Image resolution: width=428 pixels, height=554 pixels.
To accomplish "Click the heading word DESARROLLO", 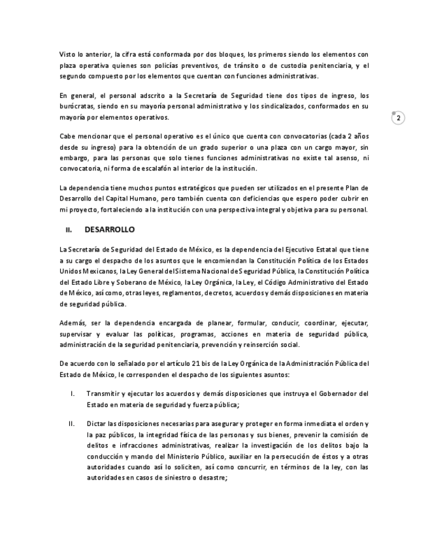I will click(x=109, y=230).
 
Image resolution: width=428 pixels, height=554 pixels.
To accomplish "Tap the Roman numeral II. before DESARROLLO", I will click(x=69, y=230).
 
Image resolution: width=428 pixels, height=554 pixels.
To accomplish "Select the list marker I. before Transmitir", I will click(x=72, y=393).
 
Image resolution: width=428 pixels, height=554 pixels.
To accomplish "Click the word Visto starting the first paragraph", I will click(x=68, y=54).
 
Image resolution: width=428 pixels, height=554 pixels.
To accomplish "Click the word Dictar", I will click(x=96, y=423).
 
